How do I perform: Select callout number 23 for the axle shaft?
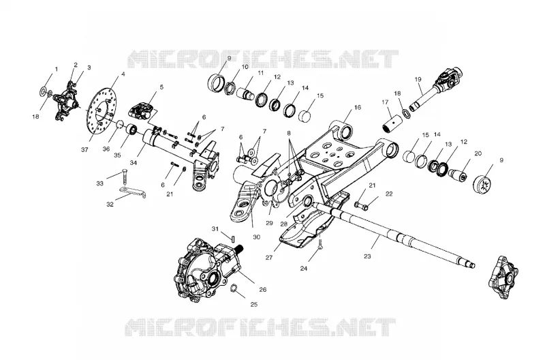point(367,256)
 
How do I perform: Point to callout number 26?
point(263,289)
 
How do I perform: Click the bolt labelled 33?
point(125,178)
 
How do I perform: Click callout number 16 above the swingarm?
point(357,107)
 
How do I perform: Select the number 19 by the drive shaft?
point(418,79)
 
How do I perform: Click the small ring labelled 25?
point(234,288)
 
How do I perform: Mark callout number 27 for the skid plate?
point(269,258)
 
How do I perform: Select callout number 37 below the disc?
point(84,149)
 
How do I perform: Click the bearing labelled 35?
point(132,130)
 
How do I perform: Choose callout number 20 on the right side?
point(478,153)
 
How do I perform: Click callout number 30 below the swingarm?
point(257,237)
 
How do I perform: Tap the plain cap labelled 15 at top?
point(305,115)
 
